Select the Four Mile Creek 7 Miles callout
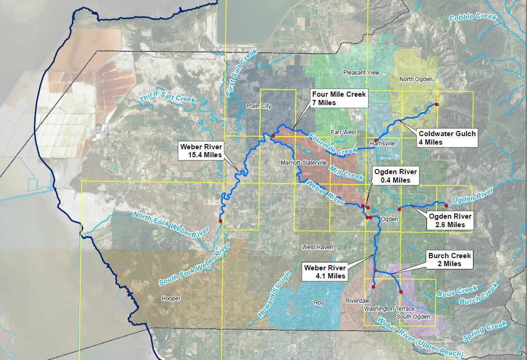point(339,99)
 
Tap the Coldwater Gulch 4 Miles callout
point(447,138)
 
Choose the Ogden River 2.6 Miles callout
point(450,221)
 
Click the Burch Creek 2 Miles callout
point(449,260)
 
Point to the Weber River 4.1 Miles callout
point(325,272)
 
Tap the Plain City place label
point(259,106)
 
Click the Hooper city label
point(170,299)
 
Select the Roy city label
point(319,303)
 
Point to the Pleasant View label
point(361,73)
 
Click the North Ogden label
point(416,79)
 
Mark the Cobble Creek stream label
point(473,17)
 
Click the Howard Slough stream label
point(271,294)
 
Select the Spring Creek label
point(485,331)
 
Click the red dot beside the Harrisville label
point(376,140)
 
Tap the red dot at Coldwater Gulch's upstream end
point(436,104)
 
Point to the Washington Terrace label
point(389,309)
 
